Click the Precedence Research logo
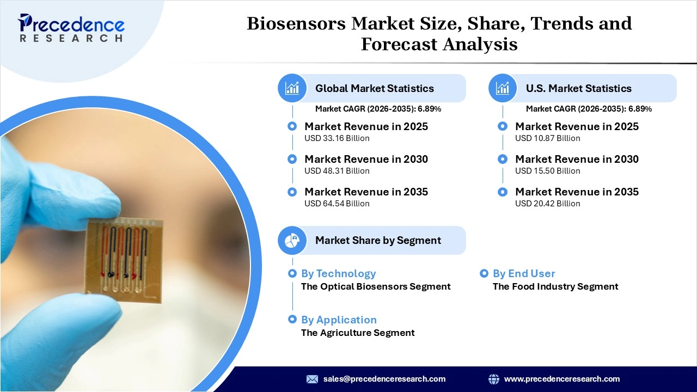(x=71, y=28)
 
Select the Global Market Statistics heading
(x=375, y=88)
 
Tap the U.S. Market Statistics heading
(x=578, y=88)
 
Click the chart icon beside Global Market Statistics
(x=292, y=88)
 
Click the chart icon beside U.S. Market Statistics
(x=503, y=88)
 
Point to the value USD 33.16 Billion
(x=337, y=138)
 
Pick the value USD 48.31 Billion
(x=337, y=171)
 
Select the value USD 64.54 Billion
(x=337, y=204)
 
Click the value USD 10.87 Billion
(x=547, y=138)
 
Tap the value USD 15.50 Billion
(x=547, y=171)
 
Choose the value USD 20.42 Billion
(x=547, y=204)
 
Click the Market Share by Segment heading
(x=378, y=240)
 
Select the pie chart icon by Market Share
(x=292, y=240)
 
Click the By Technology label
(x=338, y=273)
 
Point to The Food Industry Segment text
(x=555, y=286)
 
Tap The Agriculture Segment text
(x=358, y=333)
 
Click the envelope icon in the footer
(x=312, y=379)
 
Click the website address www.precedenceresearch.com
(x=562, y=379)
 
